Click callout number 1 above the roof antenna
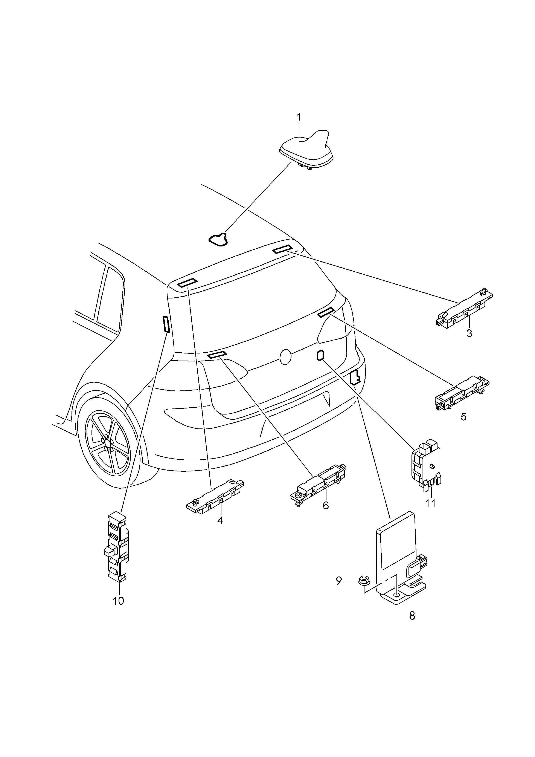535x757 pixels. point(299,117)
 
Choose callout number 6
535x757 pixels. point(326,505)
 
